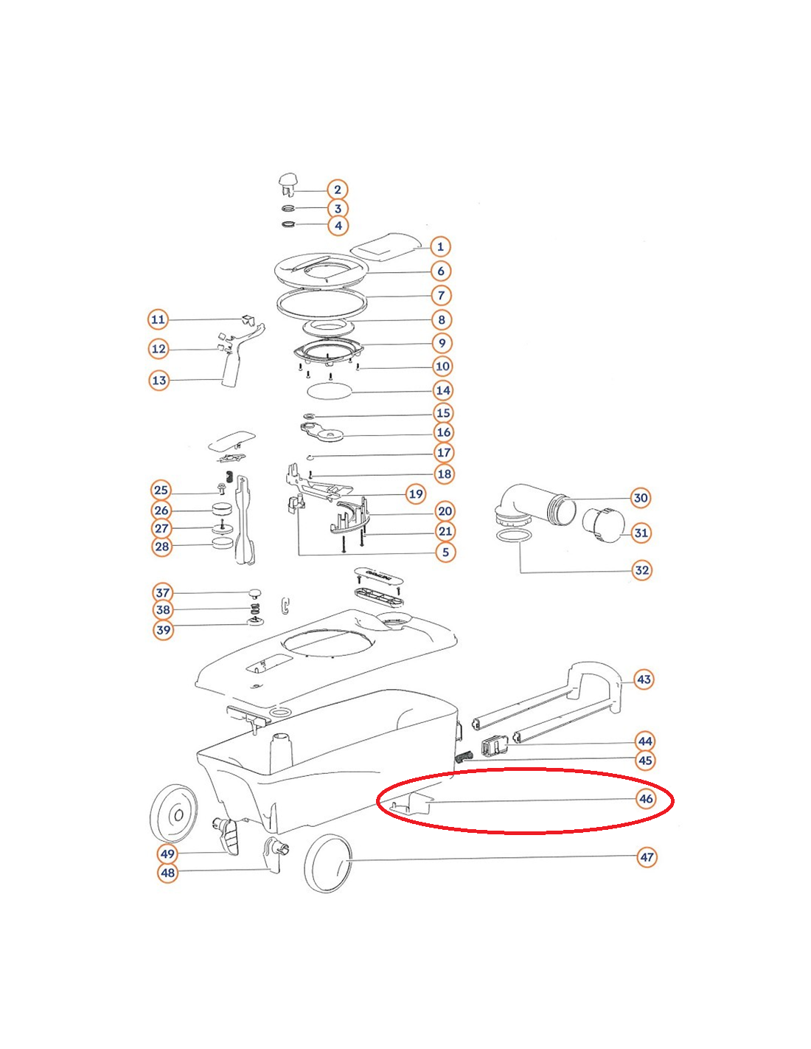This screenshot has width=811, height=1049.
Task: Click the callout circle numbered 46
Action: (646, 799)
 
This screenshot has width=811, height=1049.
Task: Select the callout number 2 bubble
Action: (337, 190)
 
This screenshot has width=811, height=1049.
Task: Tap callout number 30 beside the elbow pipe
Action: (640, 498)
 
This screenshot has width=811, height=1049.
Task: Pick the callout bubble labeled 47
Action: (646, 857)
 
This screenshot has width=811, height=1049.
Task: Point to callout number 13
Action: (159, 381)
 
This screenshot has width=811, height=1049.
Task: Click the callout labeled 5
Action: (445, 553)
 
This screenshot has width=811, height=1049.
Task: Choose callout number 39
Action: (164, 630)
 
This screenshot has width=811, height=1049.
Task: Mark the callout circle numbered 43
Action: (644, 679)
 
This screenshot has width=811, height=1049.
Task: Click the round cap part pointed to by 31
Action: (603, 525)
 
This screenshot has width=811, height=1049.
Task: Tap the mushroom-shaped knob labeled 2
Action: (288, 185)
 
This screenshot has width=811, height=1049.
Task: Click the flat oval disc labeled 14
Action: (330, 390)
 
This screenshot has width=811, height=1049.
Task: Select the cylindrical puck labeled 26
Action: (223, 510)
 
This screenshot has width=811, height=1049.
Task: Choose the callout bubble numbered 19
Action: (416, 494)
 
